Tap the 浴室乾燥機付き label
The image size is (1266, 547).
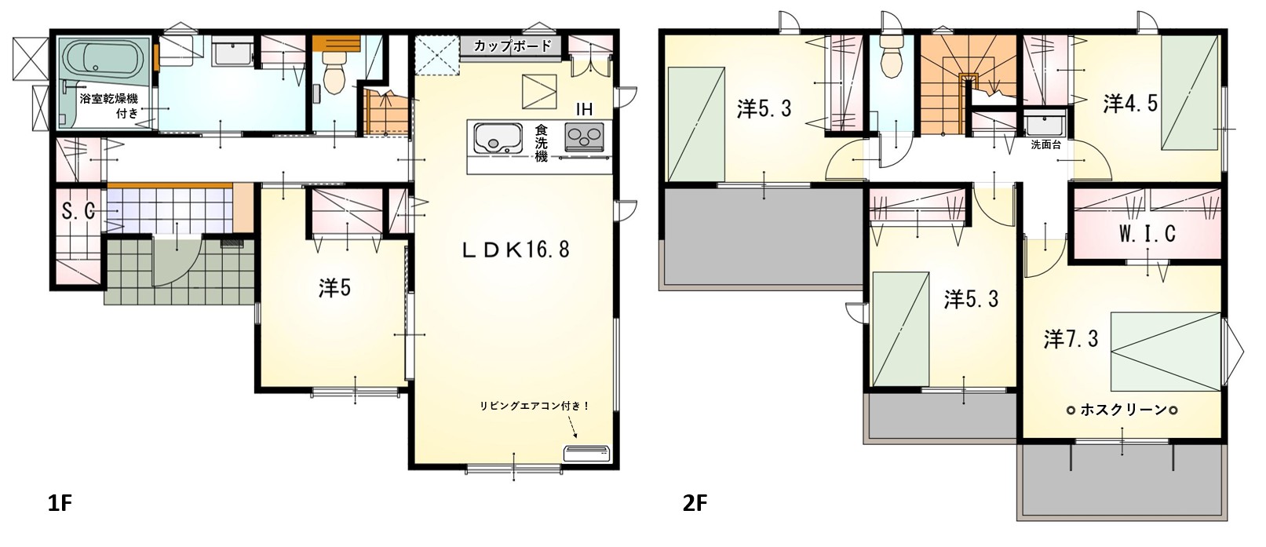click(x=109, y=106)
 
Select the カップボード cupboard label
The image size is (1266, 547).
click(x=512, y=46)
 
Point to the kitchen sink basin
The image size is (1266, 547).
click(x=498, y=138)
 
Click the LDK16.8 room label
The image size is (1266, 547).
click(x=516, y=250)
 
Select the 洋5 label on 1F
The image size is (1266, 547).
click(x=334, y=288)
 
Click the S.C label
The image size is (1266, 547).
click(x=78, y=211)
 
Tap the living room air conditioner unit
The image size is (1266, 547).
click(x=586, y=453)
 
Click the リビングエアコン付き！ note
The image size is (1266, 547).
click(x=534, y=406)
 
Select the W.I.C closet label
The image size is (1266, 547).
click(x=1147, y=233)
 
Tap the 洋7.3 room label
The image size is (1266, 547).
click(x=1071, y=339)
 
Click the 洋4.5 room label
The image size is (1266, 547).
click(x=1130, y=104)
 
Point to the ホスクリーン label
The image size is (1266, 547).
click(x=1122, y=410)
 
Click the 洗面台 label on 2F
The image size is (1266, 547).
click(x=1045, y=144)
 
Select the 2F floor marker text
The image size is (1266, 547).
click(x=695, y=503)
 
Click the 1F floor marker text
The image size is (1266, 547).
click(x=60, y=503)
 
